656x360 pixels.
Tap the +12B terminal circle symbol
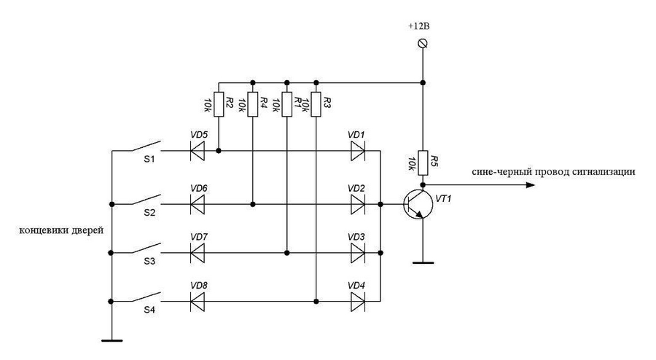point(421,45)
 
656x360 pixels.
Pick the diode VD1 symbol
point(357,152)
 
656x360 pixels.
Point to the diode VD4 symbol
point(357,300)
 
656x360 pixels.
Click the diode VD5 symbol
point(197,152)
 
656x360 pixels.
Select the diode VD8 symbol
point(197,300)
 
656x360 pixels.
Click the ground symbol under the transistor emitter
point(421,261)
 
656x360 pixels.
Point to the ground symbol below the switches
point(110,338)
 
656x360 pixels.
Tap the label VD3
point(356,238)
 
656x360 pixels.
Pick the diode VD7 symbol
point(197,253)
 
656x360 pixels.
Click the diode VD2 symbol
point(357,204)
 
